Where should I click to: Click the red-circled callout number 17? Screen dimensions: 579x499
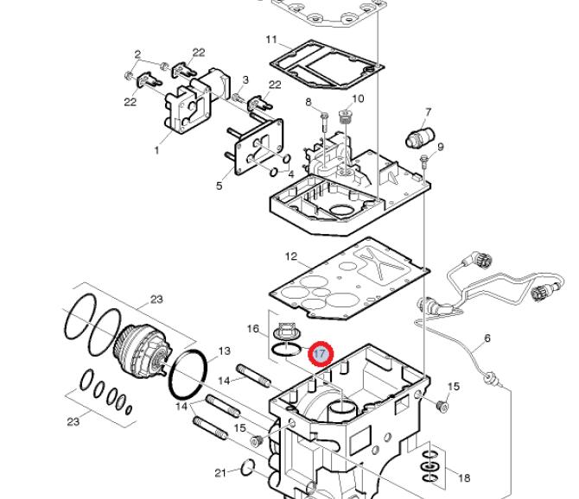pyautogui.click(x=321, y=354)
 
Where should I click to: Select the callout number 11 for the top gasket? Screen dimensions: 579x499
pyautogui.click(x=271, y=40)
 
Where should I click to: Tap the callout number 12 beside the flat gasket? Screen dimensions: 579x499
pyautogui.click(x=291, y=256)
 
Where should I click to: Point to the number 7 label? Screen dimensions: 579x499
pyautogui.click(x=428, y=111)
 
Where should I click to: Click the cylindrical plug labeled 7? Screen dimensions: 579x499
pyautogui.click(x=421, y=136)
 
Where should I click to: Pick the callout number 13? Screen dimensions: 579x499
pyautogui.click(x=225, y=351)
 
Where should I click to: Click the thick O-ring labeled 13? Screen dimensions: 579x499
pyautogui.click(x=188, y=375)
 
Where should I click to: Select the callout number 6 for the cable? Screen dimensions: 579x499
pyautogui.click(x=487, y=338)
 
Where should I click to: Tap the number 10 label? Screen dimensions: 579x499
pyautogui.click(x=358, y=98)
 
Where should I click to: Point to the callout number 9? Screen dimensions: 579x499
pyautogui.click(x=440, y=147)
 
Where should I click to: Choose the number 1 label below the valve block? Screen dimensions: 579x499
pyautogui.click(x=156, y=150)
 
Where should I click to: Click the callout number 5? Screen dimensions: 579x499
pyautogui.click(x=220, y=186)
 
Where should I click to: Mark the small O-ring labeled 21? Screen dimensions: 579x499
pyautogui.click(x=248, y=468)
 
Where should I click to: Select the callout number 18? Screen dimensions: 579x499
pyautogui.click(x=464, y=478)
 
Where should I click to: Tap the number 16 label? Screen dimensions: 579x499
pyautogui.click(x=253, y=328)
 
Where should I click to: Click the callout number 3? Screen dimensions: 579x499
pyautogui.click(x=245, y=79)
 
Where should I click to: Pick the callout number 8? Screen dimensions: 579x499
pyautogui.click(x=309, y=102)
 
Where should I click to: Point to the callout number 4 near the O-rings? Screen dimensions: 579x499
pyautogui.click(x=291, y=174)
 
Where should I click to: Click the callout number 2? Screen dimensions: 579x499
pyautogui.click(x=137, y=54)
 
